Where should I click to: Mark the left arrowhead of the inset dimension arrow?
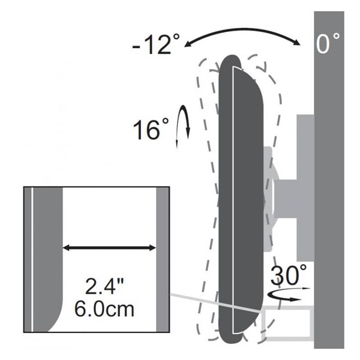66,247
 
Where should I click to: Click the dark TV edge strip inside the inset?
48,252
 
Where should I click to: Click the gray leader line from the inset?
216,303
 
